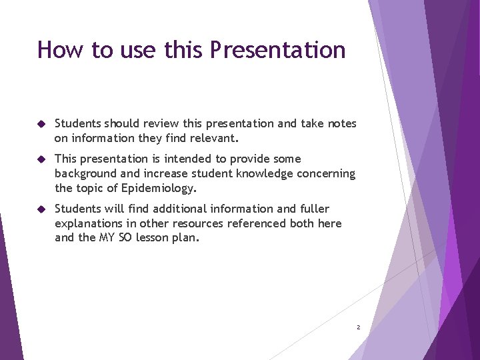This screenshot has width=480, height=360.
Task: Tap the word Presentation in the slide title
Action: tap(277, 50)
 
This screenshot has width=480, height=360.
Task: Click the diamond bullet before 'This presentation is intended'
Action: tap(41, 159)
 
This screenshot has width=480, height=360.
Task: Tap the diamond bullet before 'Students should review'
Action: tap(41, 124)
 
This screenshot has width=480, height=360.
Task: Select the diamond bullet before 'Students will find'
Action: tap(41, 209)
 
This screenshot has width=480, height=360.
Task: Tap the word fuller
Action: tap(313, 209)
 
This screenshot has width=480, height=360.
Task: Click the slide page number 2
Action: tap(358, 327)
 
